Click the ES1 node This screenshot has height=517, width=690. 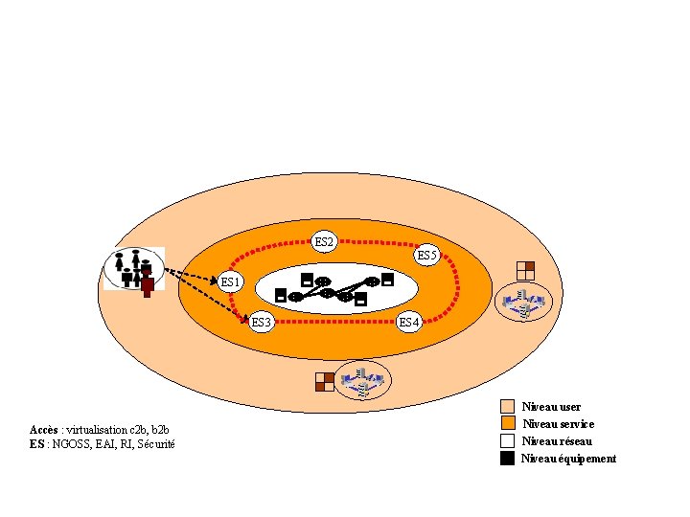pyautogui.click(x=231, y=281)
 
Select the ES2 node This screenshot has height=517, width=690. pyautogui.click(x=325, y=242)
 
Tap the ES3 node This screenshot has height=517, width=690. pyautogui.click(x=262, y=322)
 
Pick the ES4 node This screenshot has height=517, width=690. pyautogui.click(x=409, y=322)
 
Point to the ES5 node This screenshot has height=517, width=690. pyautogui.click(x=427, y=256)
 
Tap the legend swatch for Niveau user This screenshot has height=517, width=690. pyautogui.click(x=508, y=407)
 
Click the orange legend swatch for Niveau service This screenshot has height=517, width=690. pyautogui.click(x=508, y=423)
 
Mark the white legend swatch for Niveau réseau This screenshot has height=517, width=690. pyautogui.click(x=508, y=440)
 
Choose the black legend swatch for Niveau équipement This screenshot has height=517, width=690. pyautogui.click(x=508, y=458)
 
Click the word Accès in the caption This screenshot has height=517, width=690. pyautogui.click(x=43, y=429)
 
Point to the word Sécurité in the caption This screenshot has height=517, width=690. pyautogui.click(x=155, y=443)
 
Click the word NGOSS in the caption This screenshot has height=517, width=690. pyautogui.click(x=70, y=443)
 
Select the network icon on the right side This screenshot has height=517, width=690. pyautogui.click(x=523, y=303)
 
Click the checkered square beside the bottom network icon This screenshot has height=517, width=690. pyautogui.click(x=325, y=381)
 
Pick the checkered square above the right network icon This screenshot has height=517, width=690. pyautogui.click(x=524, y=270)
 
